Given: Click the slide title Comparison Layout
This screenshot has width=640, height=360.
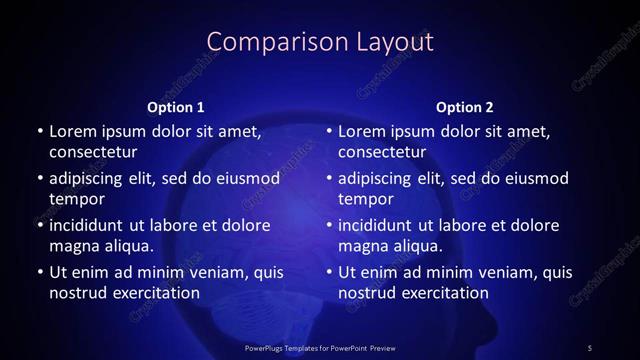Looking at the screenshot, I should click(x=320, y=41).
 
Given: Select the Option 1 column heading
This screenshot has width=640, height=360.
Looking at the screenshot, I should click(x=176, y=107).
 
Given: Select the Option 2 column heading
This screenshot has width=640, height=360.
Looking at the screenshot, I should click(x=465, y=107).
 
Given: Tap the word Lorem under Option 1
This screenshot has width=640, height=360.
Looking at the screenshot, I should click(x=72, y=131).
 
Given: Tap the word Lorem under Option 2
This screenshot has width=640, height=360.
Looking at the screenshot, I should click(x=361, y=131).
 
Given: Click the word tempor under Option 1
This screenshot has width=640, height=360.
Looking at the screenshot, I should click(x=74, y=199).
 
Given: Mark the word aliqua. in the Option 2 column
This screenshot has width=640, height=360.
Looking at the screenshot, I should click(x=417, y=246).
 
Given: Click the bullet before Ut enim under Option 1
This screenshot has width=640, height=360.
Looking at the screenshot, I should click(x=38, y=272).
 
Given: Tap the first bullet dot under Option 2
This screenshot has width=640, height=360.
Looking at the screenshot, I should click(x=327, y=131).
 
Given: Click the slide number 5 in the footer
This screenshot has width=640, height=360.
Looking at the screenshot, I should click(x=590, y=347).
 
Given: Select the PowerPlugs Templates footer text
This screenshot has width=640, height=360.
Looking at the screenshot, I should click(x=321, y=347).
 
